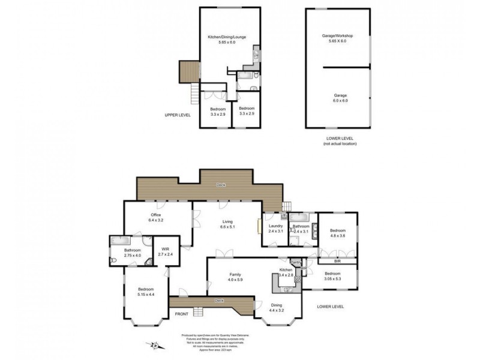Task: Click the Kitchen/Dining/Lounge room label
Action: pos(223,40)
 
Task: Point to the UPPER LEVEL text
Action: pos(178,114)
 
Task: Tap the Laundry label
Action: pos(275,229)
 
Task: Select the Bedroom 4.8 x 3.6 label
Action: pos(337,233)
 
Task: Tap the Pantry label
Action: pos(295,262)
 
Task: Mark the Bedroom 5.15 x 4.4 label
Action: pos(145,292)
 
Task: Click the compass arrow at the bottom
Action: pos(154,345)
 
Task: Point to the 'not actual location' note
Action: pos(339,144)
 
